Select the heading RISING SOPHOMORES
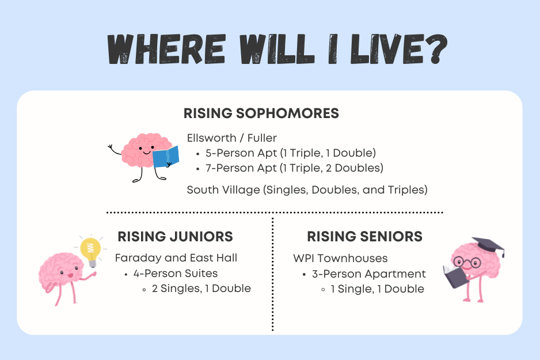pos(261,113)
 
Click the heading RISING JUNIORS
pos(175,236)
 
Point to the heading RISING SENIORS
pos(364,236)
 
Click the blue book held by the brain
pos(166,156)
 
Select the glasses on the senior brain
pos(469,263)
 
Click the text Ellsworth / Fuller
pos(231,138)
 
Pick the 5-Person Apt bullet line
pos(290,153)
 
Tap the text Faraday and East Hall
pos(176,257)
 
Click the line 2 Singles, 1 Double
pos(201,288)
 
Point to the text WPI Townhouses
pos(340,258)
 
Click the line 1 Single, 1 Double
pos(377,289)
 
